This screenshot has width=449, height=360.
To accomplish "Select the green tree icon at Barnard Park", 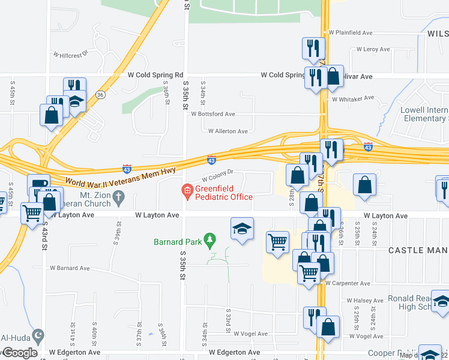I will point(209,241).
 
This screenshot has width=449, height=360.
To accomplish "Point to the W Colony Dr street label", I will point(217,175).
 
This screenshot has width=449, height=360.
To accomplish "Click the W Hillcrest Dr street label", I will point(71,53).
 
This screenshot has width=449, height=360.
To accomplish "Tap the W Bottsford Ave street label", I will point(213,113).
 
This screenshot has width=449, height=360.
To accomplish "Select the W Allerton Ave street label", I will point(228,131).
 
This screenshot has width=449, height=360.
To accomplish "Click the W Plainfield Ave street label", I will point(351,32).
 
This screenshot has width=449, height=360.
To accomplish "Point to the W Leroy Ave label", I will point(373,49).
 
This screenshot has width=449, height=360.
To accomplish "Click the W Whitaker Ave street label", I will point(352,98).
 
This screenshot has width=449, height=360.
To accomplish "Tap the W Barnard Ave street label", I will point(70,268).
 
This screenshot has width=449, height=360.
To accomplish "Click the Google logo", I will point(20,353).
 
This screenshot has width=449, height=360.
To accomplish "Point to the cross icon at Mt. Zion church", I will point(119,196).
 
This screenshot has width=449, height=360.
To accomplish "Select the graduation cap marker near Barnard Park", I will point(242,229).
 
